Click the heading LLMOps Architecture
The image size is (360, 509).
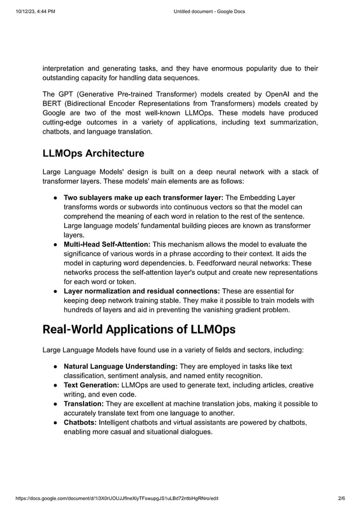click(93, 153)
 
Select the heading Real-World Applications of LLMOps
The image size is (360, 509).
click(139, 329)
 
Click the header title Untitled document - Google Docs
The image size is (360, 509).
click(209, 11)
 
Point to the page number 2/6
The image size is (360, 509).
click(341, 498)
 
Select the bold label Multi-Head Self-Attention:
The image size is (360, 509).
click(107, 244)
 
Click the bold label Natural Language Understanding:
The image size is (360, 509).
click(121, 366)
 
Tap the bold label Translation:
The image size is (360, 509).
click(84, 403)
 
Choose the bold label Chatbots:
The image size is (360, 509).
click(80, 423)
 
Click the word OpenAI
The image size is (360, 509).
click(277, 94)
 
